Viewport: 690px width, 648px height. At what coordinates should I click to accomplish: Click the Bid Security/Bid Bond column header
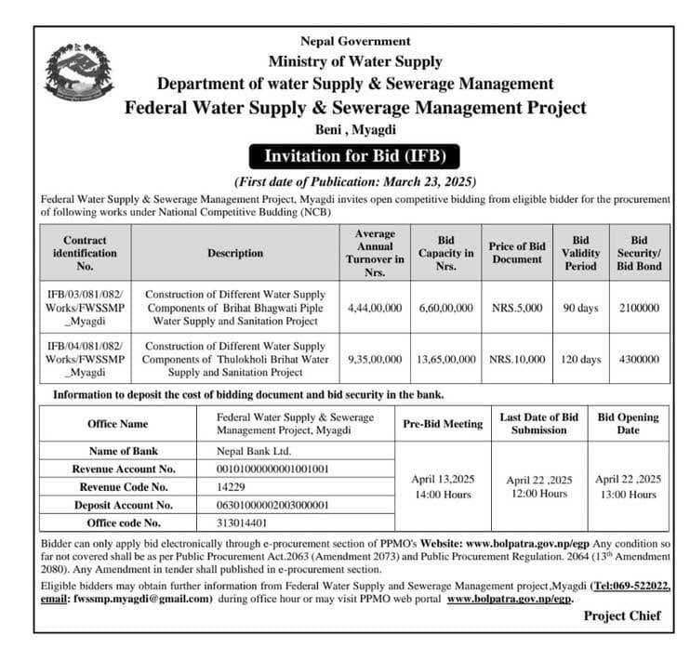point(638,253)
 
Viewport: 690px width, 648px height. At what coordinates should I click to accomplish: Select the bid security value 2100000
point(638,308)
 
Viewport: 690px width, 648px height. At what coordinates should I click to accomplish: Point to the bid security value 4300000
point(638,359)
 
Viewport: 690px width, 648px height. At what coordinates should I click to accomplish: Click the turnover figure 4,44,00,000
point(374,308)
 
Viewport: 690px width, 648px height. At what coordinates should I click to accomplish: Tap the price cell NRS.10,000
point(516,359)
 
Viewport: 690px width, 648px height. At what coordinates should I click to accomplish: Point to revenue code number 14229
point(232,486)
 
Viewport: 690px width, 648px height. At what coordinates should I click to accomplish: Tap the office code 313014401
point(243,522)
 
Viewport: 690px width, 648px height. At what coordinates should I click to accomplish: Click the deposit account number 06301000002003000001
point(274,504)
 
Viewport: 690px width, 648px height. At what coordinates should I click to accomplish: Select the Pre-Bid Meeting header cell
point(443,424)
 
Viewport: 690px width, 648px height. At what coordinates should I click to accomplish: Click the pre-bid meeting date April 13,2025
point(443,479)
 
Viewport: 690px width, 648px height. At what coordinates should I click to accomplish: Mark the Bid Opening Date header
point(629,424)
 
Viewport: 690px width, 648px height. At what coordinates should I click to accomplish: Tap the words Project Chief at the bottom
point(622,615)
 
